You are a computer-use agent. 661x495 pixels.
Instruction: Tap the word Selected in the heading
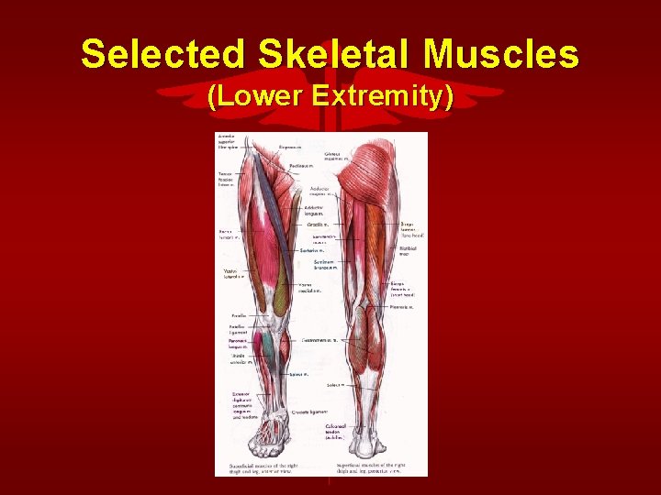pyautogui.click(x=162, y=54)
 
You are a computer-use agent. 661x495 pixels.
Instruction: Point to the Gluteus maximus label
pyautogui.click(x=319, y=157)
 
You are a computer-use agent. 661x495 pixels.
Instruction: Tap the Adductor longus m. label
pyautogui.click(x=315, y=211)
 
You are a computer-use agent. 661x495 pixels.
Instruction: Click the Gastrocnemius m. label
pyautogui.click(x=319, y=340)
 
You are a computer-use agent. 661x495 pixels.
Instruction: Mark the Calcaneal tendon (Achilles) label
pyautogui.click(x=334, y=432)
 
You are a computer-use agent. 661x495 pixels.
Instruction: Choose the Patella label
pyautogui.click(x=239, y=313)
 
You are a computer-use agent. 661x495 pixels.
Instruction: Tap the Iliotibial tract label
pyautogui.click(x=409, y=249)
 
